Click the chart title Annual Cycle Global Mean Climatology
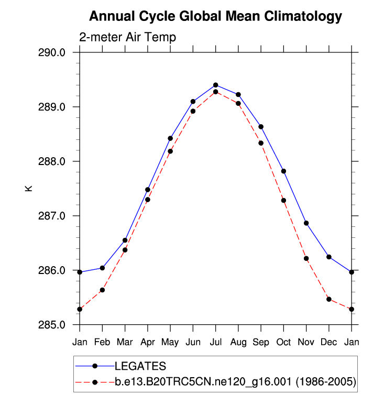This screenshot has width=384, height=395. point(215,17)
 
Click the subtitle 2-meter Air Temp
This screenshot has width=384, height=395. point(127,38)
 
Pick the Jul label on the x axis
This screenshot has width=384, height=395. point(215,342)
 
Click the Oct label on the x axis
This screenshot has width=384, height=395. point(283,342)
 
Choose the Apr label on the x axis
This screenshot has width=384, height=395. point(148,342)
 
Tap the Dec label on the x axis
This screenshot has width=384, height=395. point(328,342)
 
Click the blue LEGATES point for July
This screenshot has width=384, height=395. point(215,85)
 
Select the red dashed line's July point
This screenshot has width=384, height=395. point(215,92)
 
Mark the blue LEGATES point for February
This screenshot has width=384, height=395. point(102,268)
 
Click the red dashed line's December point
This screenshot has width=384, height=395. point(328,299)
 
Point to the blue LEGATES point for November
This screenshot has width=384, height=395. point(306,223)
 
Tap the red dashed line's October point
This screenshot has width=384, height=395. point(283,200)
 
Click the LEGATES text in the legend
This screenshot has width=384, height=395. point(140,365)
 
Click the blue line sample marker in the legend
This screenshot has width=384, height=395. point(94,365)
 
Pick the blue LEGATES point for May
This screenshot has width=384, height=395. point(170,138)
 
